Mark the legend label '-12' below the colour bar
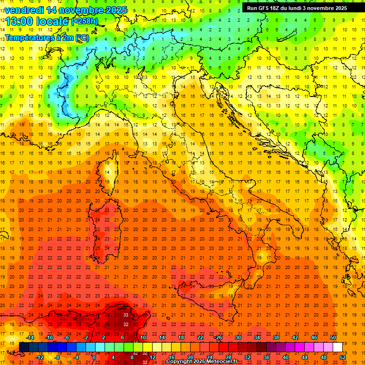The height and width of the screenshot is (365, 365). coord(39,357)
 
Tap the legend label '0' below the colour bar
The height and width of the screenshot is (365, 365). coord(94,357)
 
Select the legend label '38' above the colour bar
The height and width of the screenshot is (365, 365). coord(276,337)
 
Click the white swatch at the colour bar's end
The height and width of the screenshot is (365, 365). coord(337,347)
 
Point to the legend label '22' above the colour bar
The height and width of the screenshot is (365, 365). coord(200,337)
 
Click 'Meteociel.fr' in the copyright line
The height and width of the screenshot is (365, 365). coord(221,362)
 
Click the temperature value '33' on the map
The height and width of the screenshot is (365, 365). coord(126,315)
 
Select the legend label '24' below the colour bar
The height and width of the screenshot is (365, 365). coord(210,357)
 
